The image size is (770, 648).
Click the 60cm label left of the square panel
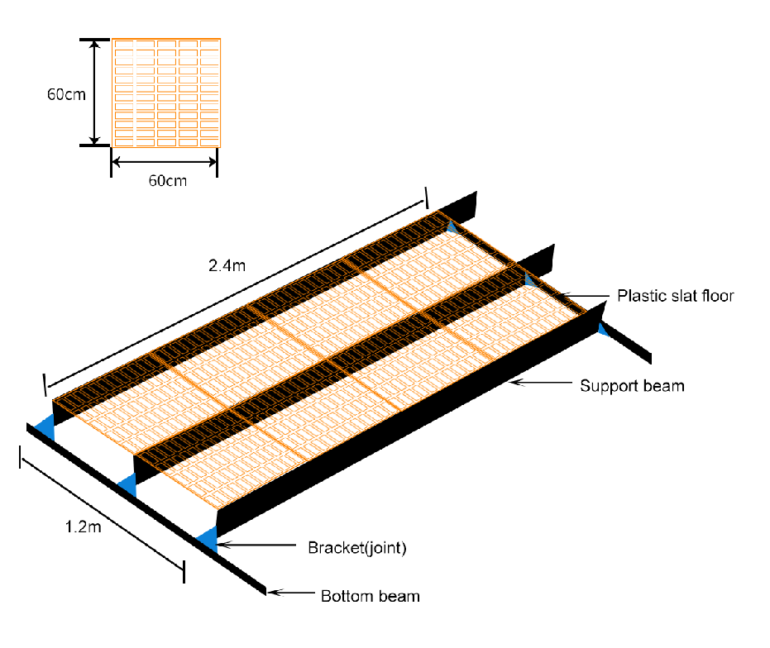coord(66,93)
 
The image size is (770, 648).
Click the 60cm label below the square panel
coord(167,181)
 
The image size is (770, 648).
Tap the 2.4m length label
coord(227,265)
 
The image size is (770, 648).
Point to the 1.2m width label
coord(83,526)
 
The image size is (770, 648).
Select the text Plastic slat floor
coord(675,296)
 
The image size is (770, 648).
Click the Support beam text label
coord(632,386)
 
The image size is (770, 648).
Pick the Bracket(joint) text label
coord(357,547)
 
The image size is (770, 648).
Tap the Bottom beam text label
coord(371,596)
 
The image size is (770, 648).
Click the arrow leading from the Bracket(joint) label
coord(256,545)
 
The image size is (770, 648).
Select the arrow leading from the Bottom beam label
coord(291,593)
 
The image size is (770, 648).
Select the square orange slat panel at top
coord(166,93)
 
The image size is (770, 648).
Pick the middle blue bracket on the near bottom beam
coord(128,485)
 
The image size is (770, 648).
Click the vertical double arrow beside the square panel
coord(95,93)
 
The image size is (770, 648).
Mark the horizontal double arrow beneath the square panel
coord(164,162)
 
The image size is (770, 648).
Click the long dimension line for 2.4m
coord(236,294)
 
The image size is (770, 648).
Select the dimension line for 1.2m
coord(103,514)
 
